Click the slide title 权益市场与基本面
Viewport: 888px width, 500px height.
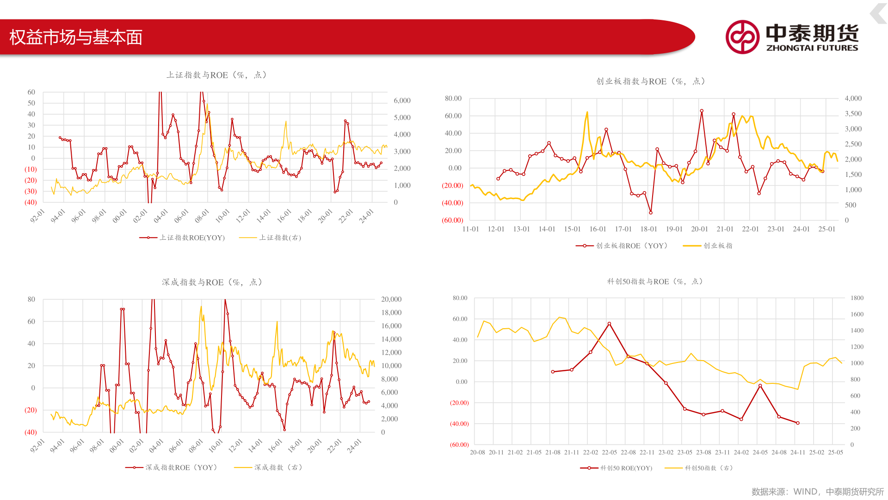pos(76,37)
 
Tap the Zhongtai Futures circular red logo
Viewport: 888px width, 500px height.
pos(742,37)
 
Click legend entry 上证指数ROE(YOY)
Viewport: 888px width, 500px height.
pos(182,238)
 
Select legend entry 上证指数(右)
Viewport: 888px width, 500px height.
pos(270,238)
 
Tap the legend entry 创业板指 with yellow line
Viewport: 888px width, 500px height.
pos(708,246)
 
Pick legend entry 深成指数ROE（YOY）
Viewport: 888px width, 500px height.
pos(172,468)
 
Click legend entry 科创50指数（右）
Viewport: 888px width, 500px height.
pos(699,468)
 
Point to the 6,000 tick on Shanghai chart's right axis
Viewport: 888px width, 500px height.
pos(402,100)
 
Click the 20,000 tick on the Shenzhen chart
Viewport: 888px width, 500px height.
pos(391,300)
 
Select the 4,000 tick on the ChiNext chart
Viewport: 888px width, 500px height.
pos(853,99)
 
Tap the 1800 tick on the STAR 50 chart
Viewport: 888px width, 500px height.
pos(857,298)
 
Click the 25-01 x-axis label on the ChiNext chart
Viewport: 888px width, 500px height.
pos(827,229)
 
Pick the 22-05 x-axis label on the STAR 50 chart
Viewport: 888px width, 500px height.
pos(609,452)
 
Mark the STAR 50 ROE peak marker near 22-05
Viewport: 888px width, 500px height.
pos(609,324)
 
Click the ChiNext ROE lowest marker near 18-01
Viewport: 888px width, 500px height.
pos(651,212)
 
